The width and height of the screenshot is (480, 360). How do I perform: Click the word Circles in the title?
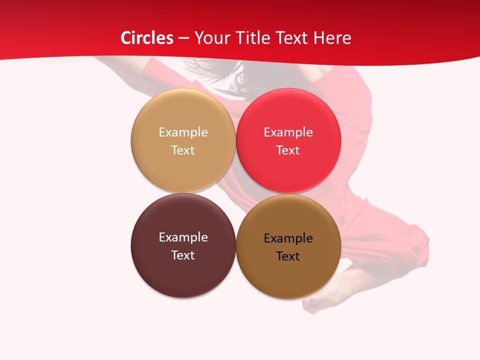147,38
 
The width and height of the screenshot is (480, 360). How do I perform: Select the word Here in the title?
332,38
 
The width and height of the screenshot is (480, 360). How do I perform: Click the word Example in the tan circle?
183,132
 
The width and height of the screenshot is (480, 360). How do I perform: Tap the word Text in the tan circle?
183,150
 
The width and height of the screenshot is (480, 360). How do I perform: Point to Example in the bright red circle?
288,132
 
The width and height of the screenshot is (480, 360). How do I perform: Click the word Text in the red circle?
288,150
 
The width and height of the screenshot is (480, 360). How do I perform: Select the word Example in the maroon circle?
183,237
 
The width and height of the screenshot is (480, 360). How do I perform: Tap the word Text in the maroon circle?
183,255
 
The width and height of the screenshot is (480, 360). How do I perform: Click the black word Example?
288,238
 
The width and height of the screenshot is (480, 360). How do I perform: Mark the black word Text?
288,256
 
